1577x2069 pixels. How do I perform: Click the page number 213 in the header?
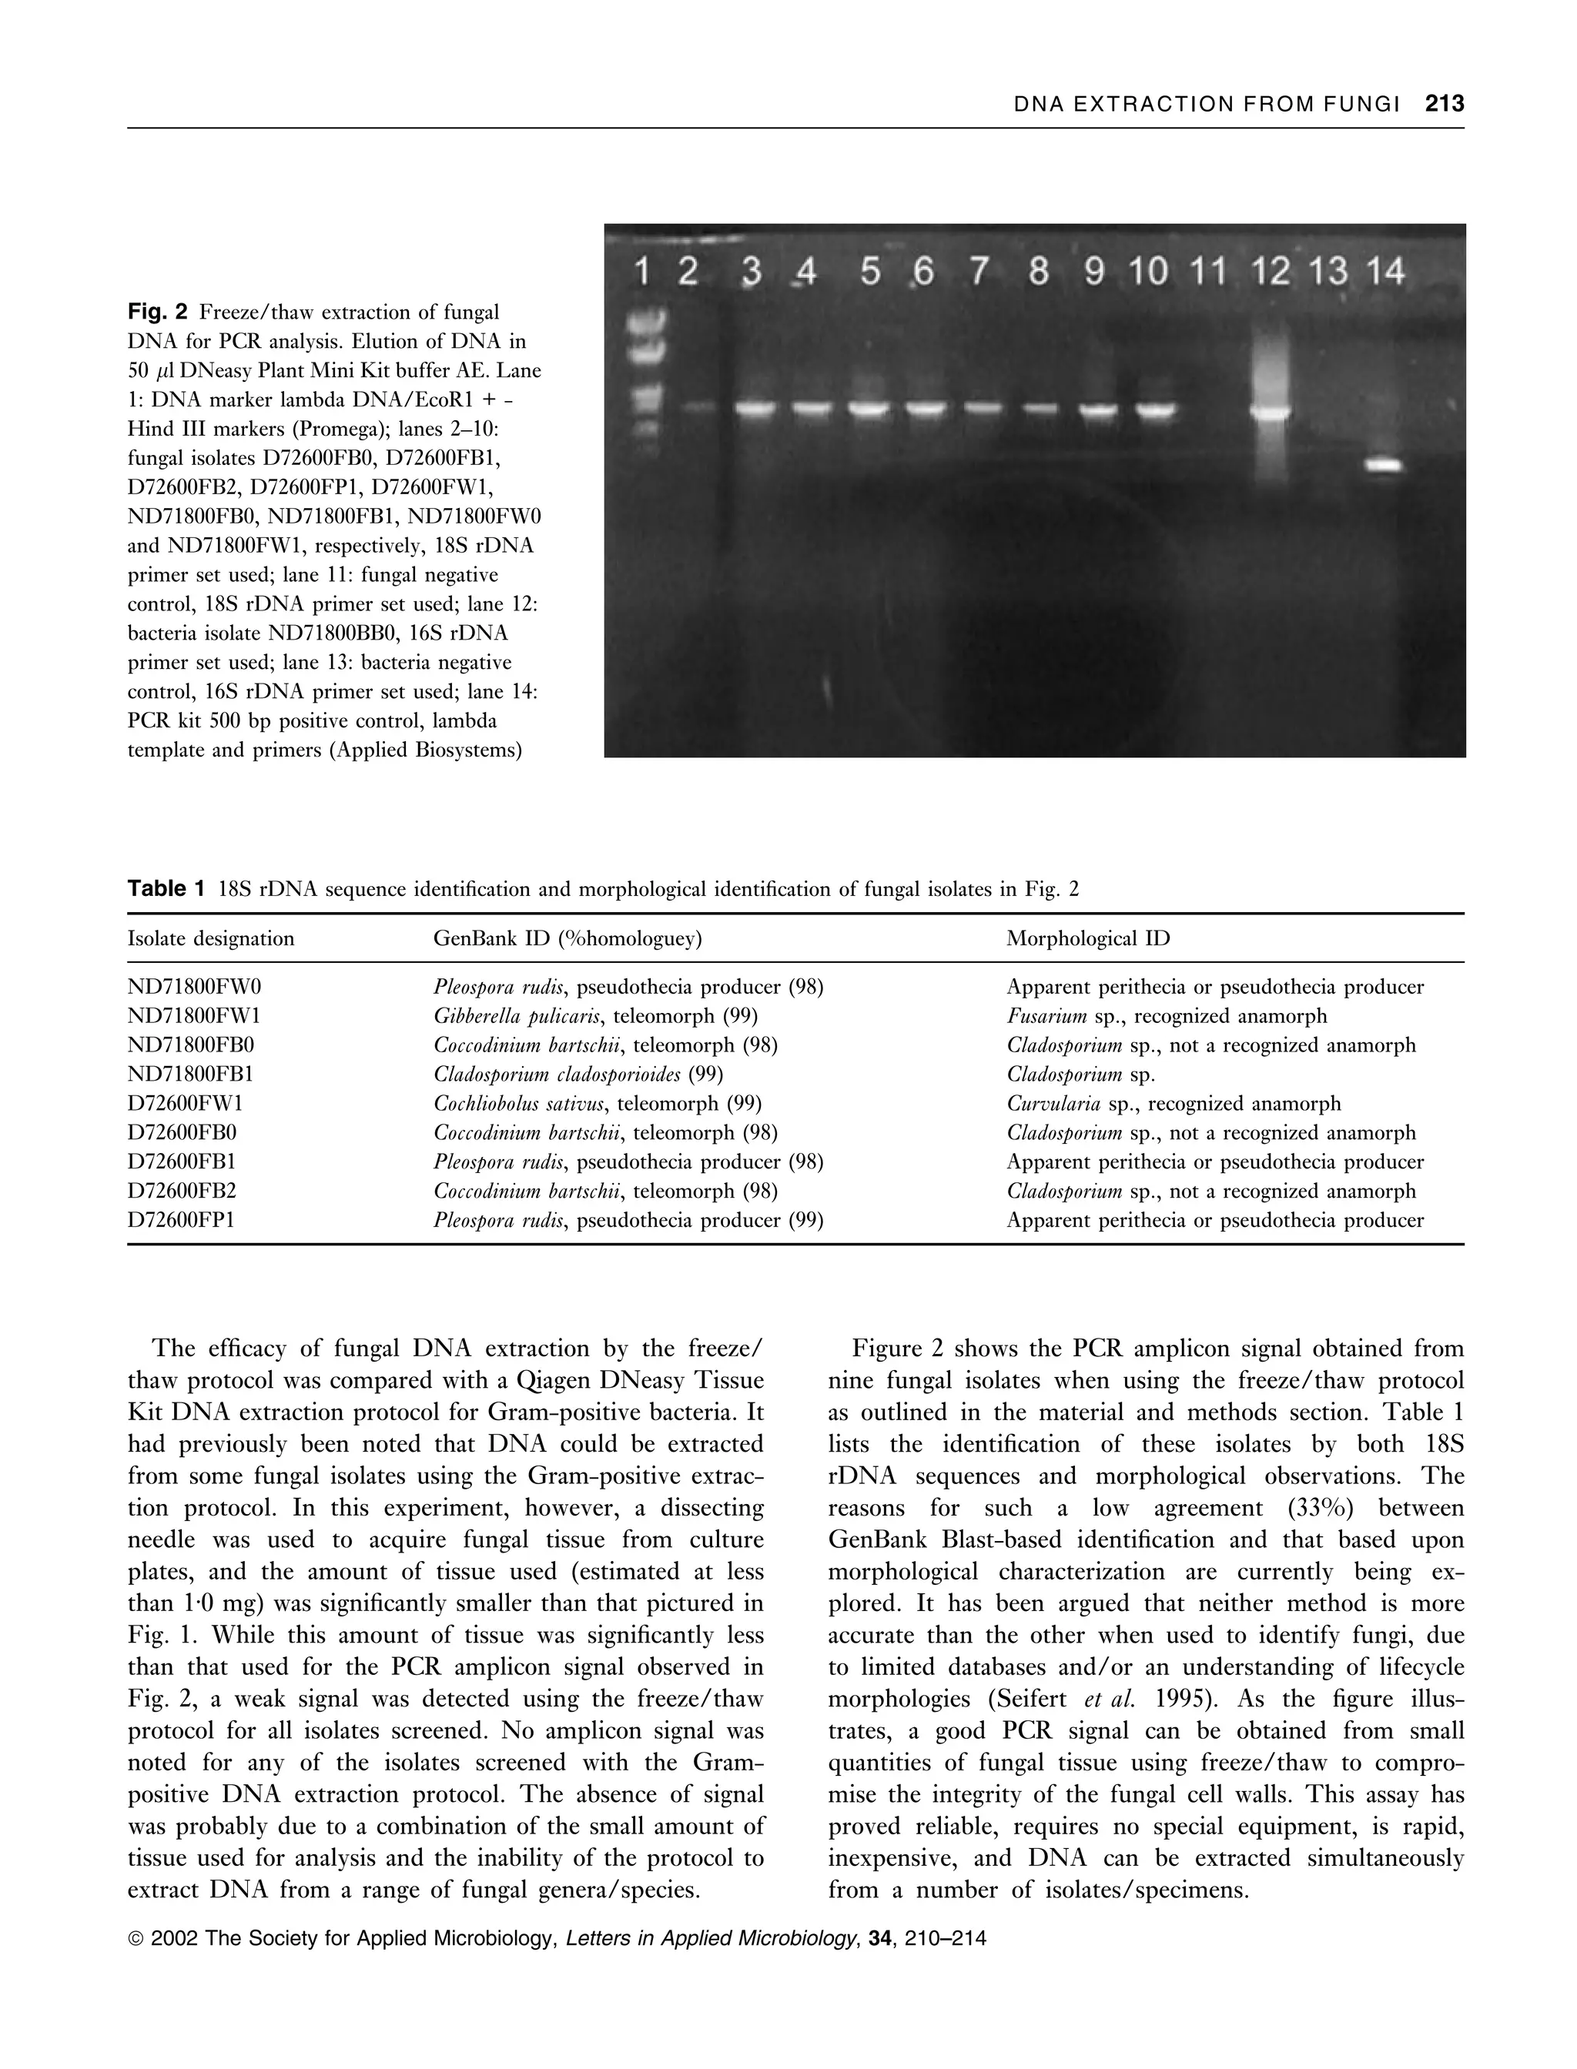pyautogui.click(x=1444, y=104)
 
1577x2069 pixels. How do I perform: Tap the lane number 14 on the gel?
pyautogui.click(x=1384, y=272)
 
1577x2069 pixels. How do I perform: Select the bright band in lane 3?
pyautogui.click(x=754, y=408)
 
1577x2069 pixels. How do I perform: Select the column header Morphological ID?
pyautogui.click(x=1088, y=938)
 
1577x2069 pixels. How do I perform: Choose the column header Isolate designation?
pyautogui.click(x=210, y=938)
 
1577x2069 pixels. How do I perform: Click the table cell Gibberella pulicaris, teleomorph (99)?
pyautogui.click(x=595, y=1016)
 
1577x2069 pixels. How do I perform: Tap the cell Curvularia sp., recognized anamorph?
pyautogui.click(x=1174, y=1104)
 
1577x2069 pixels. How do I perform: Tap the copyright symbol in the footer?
pyautogui.click(x=136, y=1940)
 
